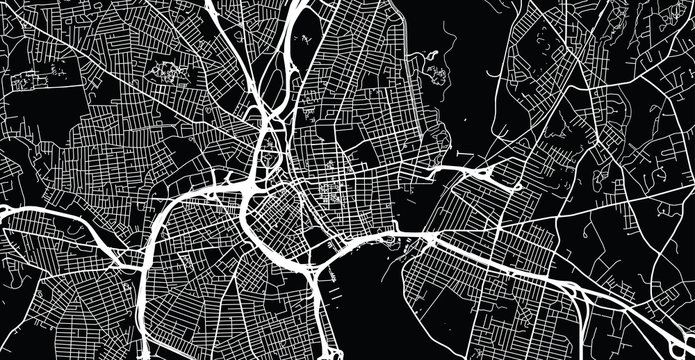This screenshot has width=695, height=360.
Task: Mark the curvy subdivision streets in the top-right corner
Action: pos(650,40)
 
